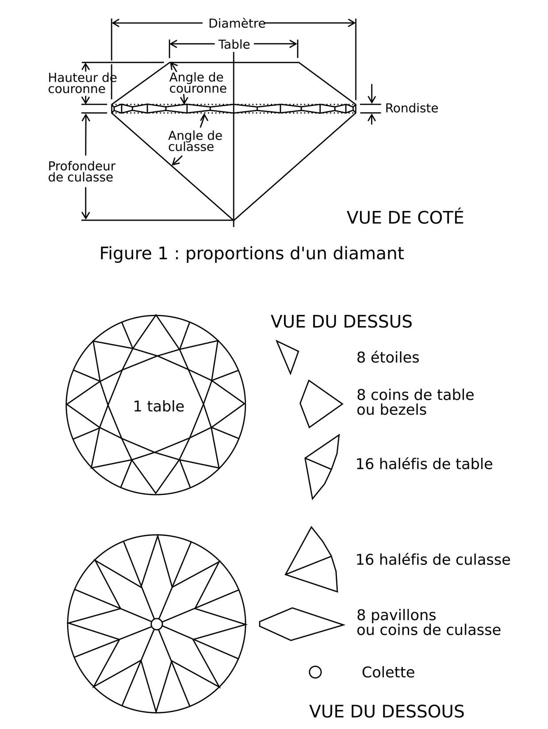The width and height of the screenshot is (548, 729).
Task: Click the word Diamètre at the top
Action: coord(237,23)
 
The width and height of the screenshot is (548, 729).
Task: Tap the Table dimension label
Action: coord(234,45)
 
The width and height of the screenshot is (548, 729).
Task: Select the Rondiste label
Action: coord(412,108)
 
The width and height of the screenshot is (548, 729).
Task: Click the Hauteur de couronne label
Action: coord(82,83)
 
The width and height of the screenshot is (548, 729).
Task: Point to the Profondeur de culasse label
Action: coord(82,172)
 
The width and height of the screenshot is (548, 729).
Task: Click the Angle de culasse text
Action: coord(195,141)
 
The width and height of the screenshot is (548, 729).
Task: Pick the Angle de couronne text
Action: coord(198,83)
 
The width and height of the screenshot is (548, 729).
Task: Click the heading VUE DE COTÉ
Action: coord(405,218)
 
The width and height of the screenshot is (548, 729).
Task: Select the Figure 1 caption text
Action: coord(252,254)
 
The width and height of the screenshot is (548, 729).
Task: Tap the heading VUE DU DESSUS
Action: coord(341,322)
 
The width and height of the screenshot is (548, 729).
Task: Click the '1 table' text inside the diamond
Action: coord(159,407)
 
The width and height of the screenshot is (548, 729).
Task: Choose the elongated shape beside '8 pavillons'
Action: coord(301,624)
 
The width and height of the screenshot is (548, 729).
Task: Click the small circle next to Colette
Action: coord(315,672)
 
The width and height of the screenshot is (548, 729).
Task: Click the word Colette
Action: coord(388,672)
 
